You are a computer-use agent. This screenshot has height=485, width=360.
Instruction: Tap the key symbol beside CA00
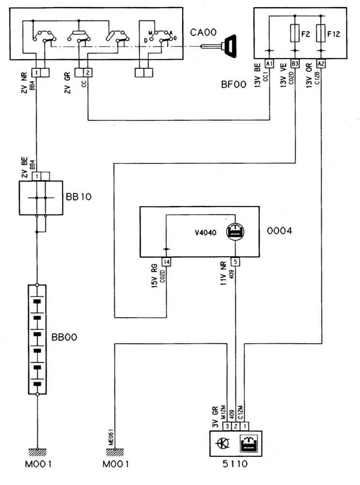pos(228,46)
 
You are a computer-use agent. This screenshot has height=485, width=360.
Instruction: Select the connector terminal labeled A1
pos(270,63)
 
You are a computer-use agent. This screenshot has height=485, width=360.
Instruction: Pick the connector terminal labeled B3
pos(295,63)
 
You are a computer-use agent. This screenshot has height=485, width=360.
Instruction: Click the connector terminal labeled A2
pos(320,63)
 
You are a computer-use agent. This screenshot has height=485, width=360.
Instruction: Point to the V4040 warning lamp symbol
pos(235,231)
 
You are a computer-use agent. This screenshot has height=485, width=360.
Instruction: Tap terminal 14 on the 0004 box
pos(167,262)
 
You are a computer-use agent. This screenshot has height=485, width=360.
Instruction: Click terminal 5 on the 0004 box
pos(235,262)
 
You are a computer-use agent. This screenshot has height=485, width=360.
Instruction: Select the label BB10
pos(78,198)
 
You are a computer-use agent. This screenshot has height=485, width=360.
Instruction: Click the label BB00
pos(63,336)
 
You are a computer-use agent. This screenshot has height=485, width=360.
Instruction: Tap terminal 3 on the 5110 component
pos(226,426)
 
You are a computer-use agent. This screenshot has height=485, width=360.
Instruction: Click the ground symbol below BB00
pos(37,451)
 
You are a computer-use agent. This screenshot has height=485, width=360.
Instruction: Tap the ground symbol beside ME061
pos(114,451)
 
